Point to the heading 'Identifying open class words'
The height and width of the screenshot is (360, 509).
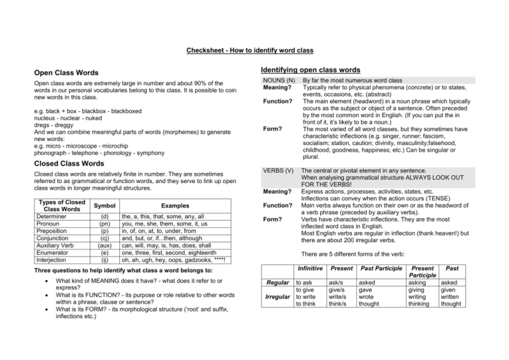(x=310, y=70)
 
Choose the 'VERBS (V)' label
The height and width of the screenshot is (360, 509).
(x=278, y=170)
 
